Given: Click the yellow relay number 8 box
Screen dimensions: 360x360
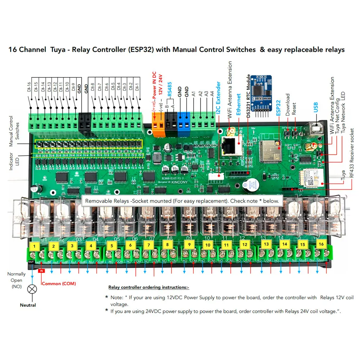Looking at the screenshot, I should point(167,244).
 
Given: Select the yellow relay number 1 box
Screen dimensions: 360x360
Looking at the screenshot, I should point(34,246).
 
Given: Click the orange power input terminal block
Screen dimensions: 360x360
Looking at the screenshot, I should point(158,124).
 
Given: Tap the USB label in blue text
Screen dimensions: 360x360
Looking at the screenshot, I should point(316,107).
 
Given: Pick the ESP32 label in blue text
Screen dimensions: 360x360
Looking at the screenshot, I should point(278,108).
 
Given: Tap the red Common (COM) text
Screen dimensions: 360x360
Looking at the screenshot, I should point(59,283).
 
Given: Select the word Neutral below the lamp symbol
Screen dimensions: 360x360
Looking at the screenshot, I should point(28,305).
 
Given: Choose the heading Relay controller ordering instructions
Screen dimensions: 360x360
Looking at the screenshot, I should point(149,287).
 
